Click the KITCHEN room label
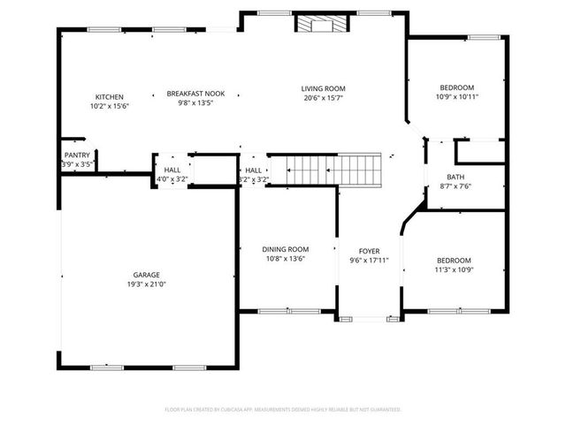[110, 96]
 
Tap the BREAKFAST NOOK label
[195, 93]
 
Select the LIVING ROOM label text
[323, 88]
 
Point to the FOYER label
[369, 252]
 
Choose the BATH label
[455, 177]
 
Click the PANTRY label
[77, 155]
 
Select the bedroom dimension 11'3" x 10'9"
[454, 269]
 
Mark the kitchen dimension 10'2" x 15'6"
[110, 106]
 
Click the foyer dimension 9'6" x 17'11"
[369, 261]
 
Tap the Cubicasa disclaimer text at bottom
[283, 410]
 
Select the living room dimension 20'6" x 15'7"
[323, 98]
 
